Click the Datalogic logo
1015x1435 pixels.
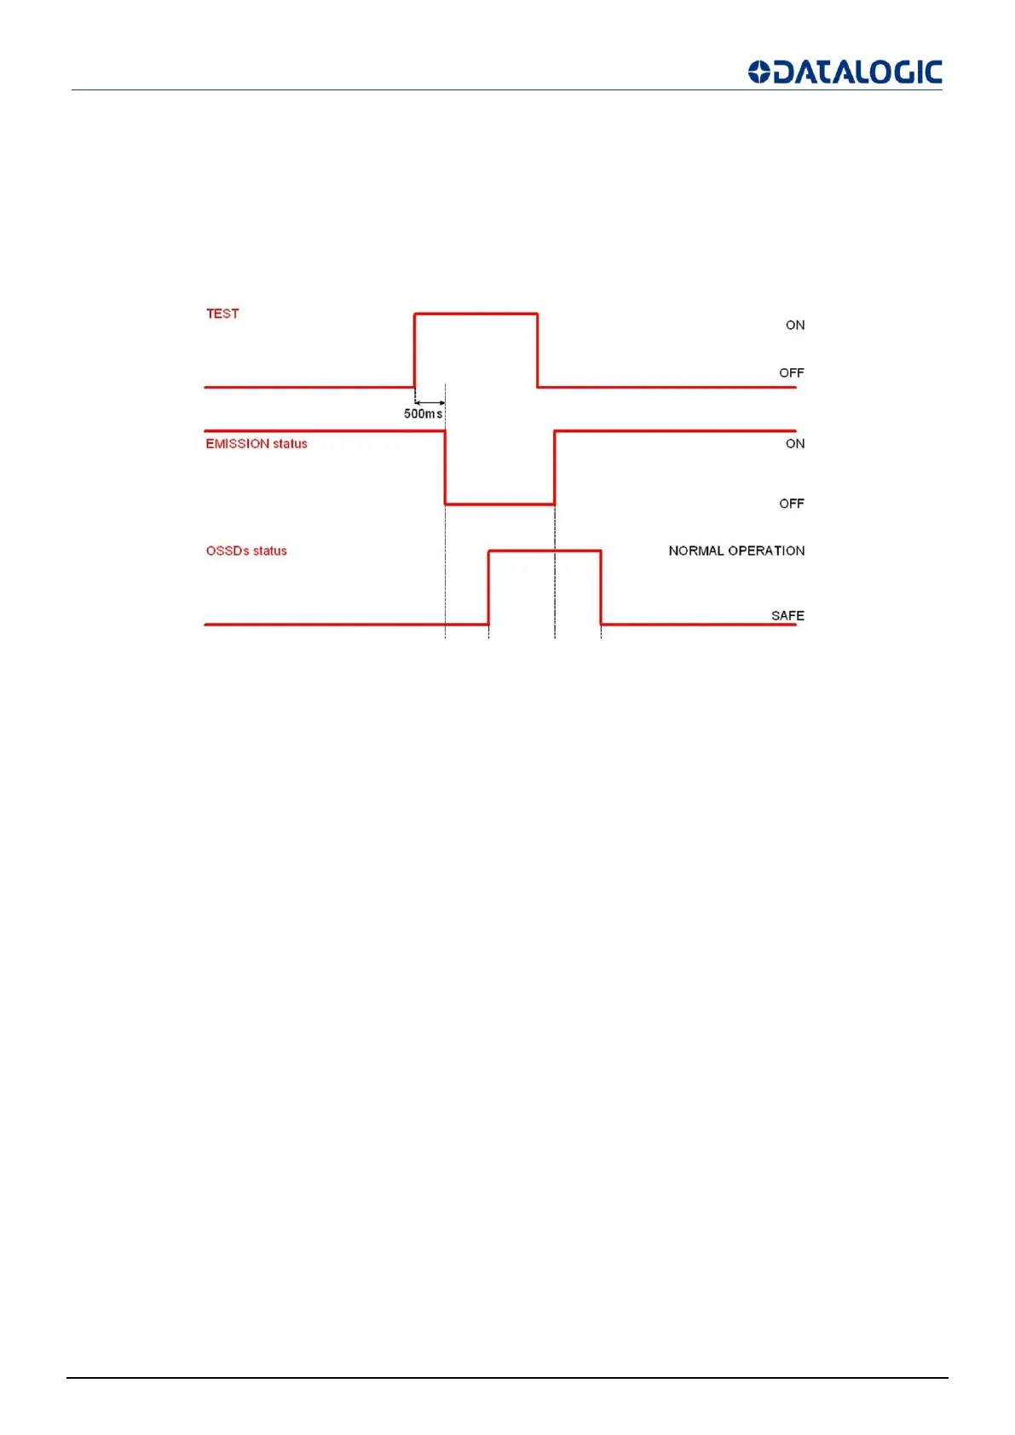(x=845, y=72)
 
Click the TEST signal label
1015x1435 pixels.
(x=222, y=314)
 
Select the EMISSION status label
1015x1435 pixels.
(x=256, y=444)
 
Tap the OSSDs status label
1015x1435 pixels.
(x=246, y=551)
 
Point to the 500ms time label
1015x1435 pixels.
(x=423, y=414)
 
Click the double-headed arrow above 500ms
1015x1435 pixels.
(x=430, y=402)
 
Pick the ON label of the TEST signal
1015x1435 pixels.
(x=794, y=326)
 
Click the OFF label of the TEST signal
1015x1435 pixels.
(x=791, y=373)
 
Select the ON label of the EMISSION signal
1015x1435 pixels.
(x=794, y=444)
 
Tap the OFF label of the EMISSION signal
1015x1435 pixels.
(x=791, y=504)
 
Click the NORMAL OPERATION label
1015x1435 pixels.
(x=736, y=551)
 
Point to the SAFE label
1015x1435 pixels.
(x=787, y=615)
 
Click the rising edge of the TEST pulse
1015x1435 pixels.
(x=415, y=350)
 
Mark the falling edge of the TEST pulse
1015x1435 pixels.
(x=537, y=350)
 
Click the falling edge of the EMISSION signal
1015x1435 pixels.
(x=445, y=468)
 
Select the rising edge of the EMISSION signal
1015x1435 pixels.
(x=555, y=468)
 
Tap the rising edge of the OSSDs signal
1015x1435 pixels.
(x=488, y=588)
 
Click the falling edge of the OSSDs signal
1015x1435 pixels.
(x=601, y=588)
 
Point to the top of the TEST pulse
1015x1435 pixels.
(x=476, y=314)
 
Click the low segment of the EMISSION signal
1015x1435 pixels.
(x=499, y=504)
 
